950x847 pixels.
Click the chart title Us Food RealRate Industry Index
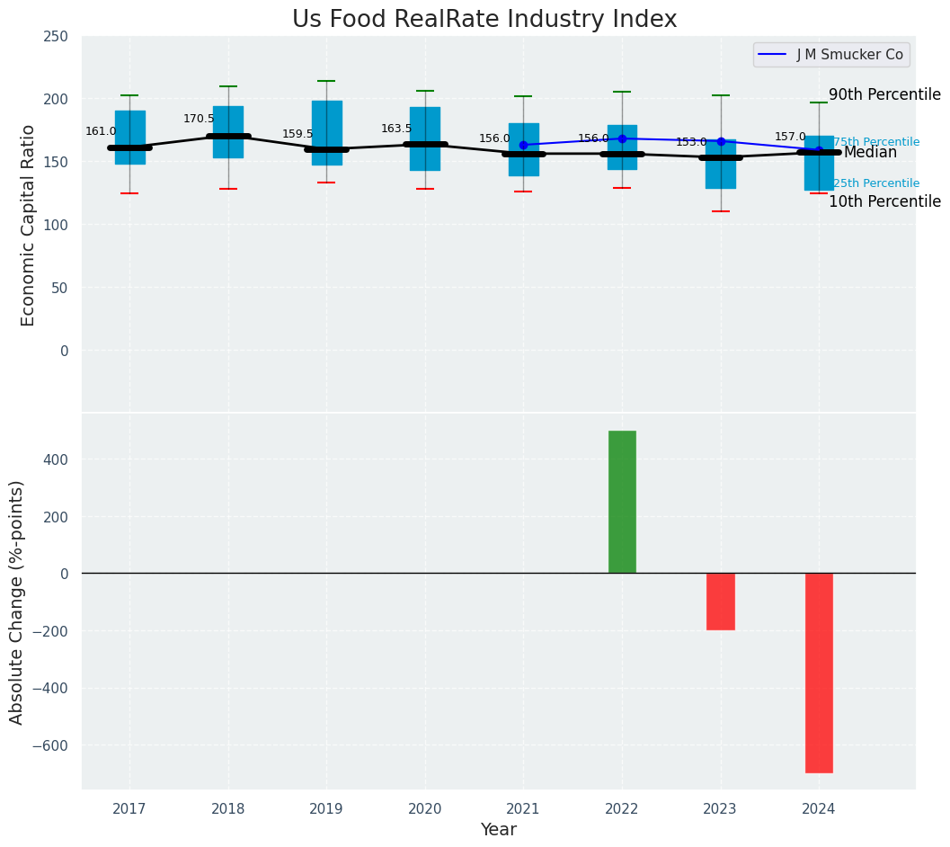pyautogui.click(x=484, y=20)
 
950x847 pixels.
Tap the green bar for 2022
pyautogui.click(x=622, y=502)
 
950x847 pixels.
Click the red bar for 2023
pyautogui.click(x=721, y=602)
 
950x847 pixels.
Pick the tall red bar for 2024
pyautogui.click(x=819, y=673)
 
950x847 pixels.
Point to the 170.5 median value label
pyautogui.click(x=199, y=119)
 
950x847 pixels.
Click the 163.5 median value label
pyautogui.click(x=396, y=129)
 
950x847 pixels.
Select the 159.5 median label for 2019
pyautogui.click(x=297, y=134)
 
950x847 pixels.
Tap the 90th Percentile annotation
pyautogui.click(x=884, y=95)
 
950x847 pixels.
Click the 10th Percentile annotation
pyautogui.click(x=884, y=201)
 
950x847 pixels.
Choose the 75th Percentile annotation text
pyautogui.click(x=876, y=142)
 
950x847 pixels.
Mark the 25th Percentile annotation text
pyautogui.click(x=876, y=183)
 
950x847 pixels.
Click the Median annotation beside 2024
pyautogui.click(x=870, y=153)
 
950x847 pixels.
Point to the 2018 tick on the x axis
pyautogui.click(x=228, y=809)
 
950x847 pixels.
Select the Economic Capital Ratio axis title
pyautogui.click(x=28, y=225)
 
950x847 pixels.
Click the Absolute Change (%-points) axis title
pyautogui.click(x=17, y=602)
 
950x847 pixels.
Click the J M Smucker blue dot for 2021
pyautogui.click(x=523, y=145)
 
